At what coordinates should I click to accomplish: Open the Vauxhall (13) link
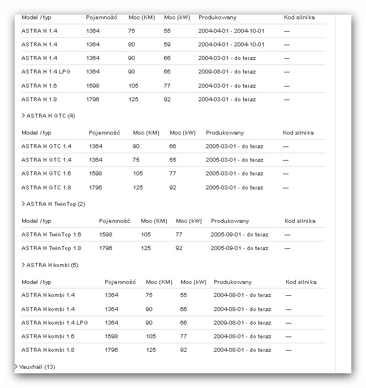click(37, 367)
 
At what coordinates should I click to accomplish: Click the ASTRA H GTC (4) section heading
click(50, 116)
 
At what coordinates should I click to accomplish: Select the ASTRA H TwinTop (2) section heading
click(55, 204)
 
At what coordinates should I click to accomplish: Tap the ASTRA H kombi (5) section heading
click(52, 265)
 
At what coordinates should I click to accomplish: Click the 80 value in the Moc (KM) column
click(132, 44)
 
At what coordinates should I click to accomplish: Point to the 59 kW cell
click(167, 44)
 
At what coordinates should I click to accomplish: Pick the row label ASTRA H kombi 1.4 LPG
click(55, 323)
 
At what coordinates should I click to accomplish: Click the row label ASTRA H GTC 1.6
click(46, 174)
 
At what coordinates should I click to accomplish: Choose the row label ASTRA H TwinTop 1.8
click(51, 248)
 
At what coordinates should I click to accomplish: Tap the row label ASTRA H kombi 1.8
click(48, 350)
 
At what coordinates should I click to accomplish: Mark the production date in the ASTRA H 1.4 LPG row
click(227, 72)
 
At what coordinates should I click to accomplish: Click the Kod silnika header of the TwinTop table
click(300, 221)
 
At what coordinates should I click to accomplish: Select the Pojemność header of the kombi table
click(120, 282)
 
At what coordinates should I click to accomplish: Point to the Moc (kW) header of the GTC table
click(182, 133)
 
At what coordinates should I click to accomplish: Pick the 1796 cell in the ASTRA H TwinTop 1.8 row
click(106, 248)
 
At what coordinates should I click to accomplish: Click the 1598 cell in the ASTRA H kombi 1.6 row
click(111, 337)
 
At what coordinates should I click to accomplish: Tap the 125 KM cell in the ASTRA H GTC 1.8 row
click(138, 187)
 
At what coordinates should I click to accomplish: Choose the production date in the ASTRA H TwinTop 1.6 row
click(239, 235)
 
